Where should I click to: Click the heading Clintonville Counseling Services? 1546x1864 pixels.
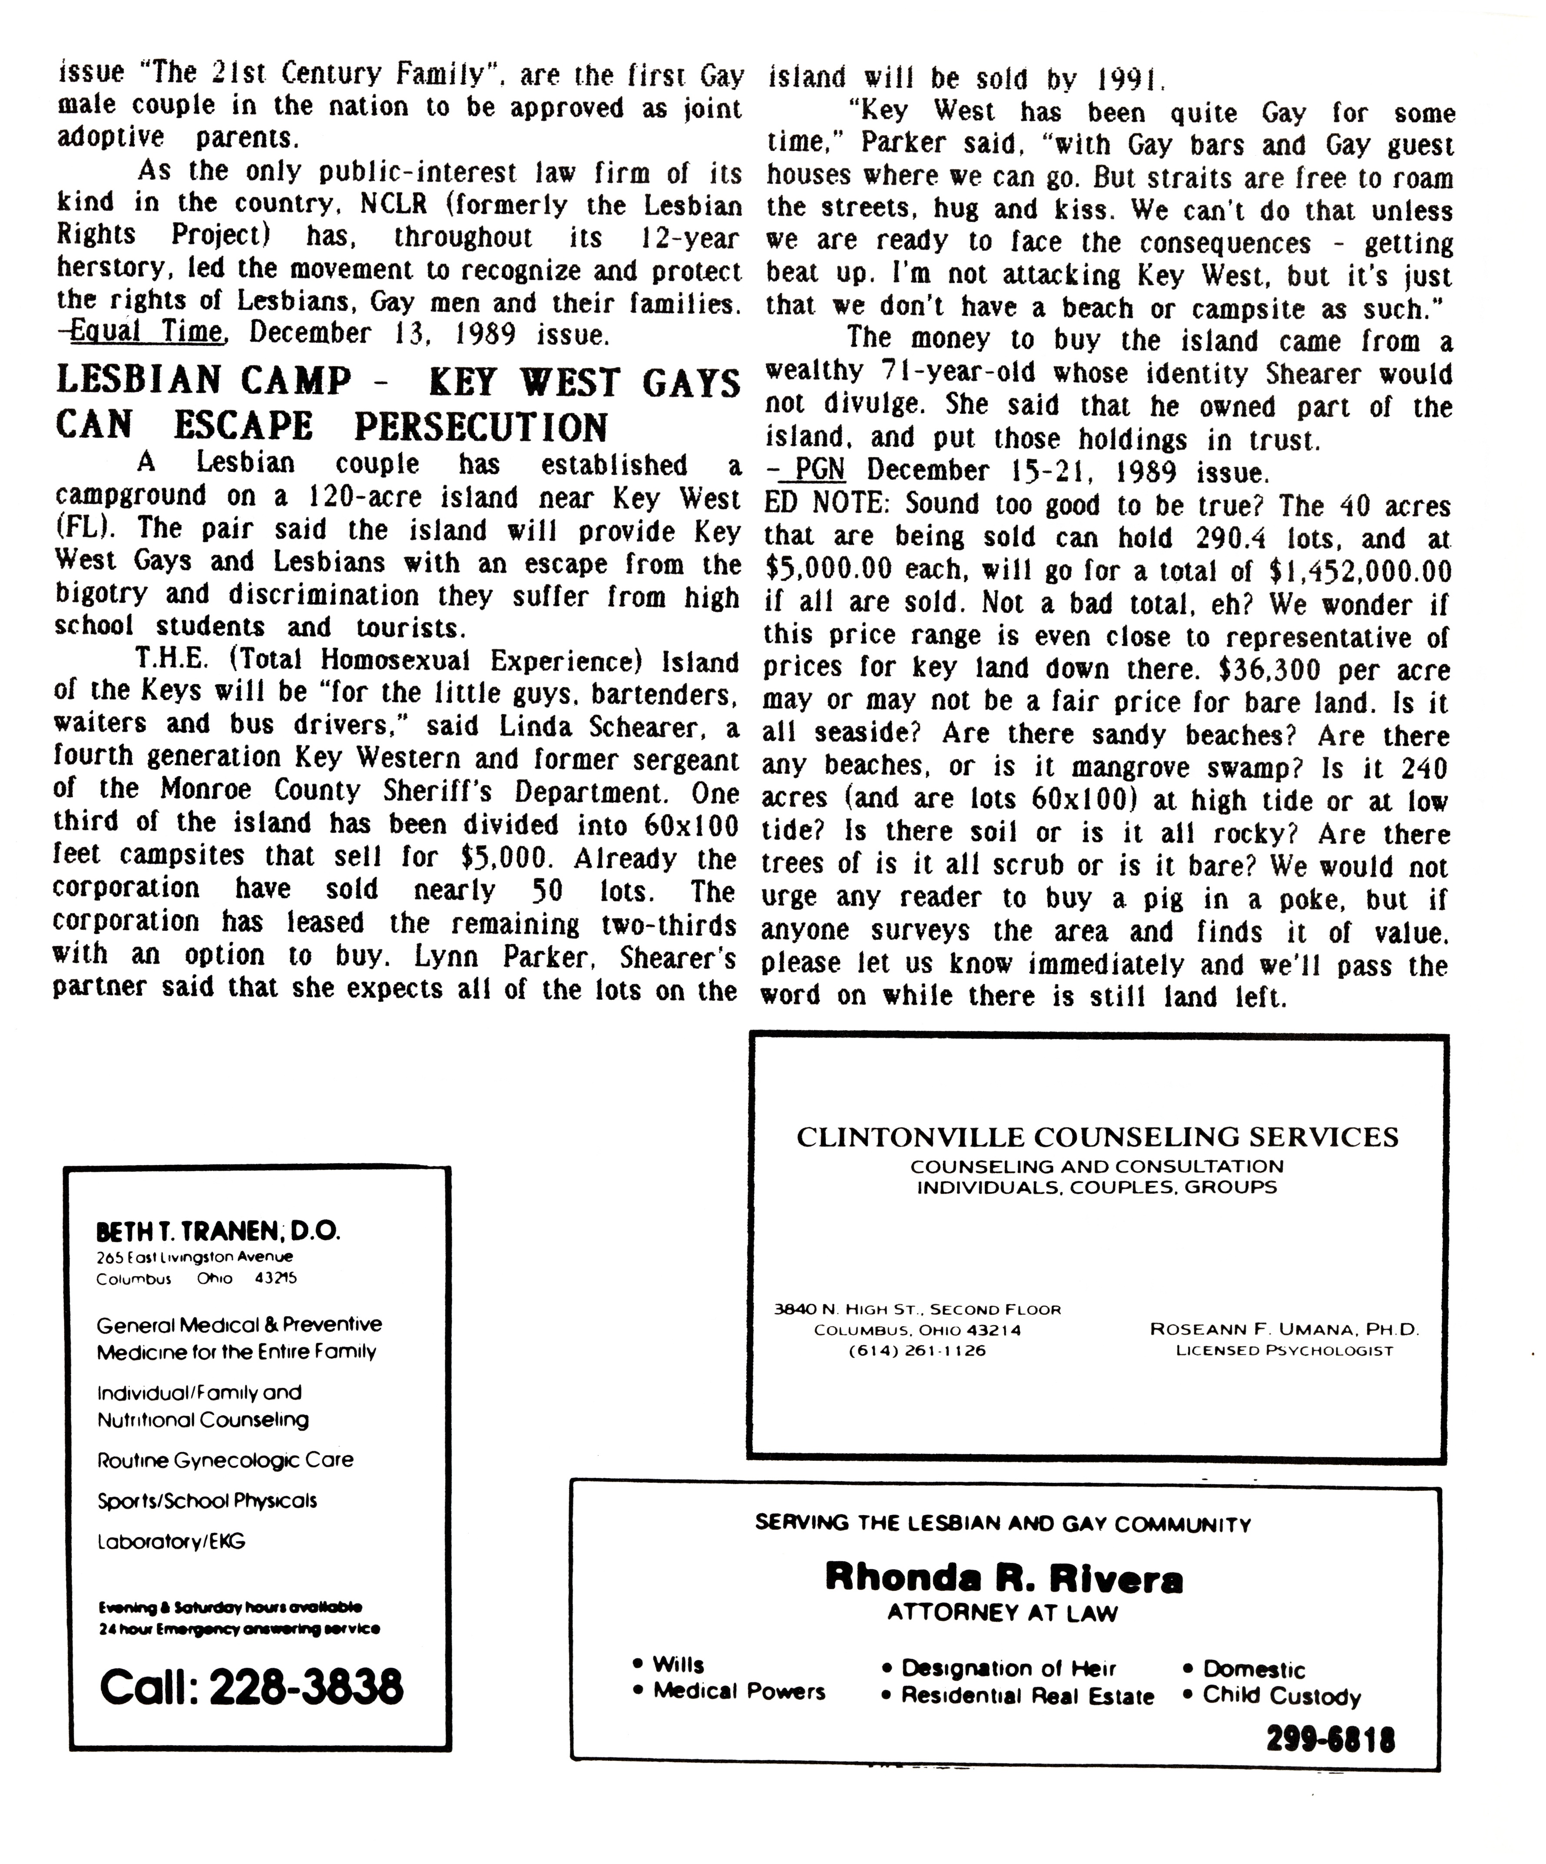pos(1097,1137)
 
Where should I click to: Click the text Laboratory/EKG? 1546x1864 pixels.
pos(170,1542)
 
